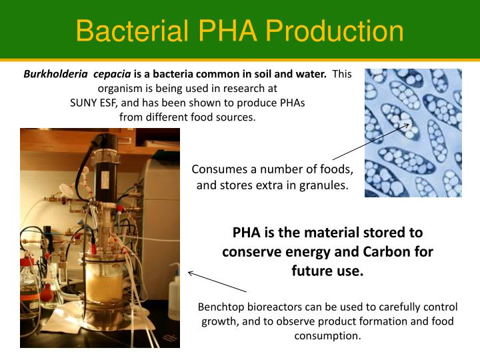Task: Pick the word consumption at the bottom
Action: coord(327,335)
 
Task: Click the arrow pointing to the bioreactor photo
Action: coord(217,281)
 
